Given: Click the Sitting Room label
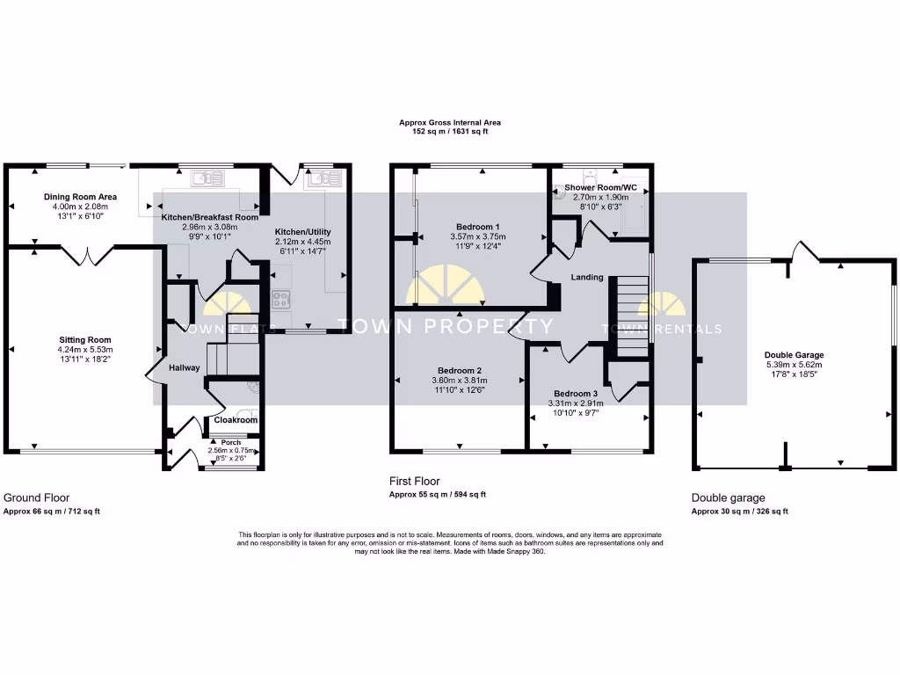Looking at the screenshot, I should coord(85,339).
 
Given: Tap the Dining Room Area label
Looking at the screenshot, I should coord(80,197).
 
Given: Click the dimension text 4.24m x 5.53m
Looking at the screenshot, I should coord(85,350).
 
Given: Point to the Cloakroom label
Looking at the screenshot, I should coord(236,420).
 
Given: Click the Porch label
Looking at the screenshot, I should coord(230,442).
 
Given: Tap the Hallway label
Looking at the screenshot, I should coord(185,367).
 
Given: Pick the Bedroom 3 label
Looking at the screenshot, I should coord(576,393).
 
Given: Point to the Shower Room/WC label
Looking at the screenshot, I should coord(601,188).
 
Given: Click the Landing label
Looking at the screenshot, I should coord(587,278).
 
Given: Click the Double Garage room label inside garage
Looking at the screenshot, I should coord(794,355).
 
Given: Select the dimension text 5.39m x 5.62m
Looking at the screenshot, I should coord(794,366).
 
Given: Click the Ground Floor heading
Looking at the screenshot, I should coord(37,497).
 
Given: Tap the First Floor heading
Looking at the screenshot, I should coord(415,481).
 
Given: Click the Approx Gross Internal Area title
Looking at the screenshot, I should coord(449,123).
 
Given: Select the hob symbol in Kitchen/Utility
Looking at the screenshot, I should coord(281,299).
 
